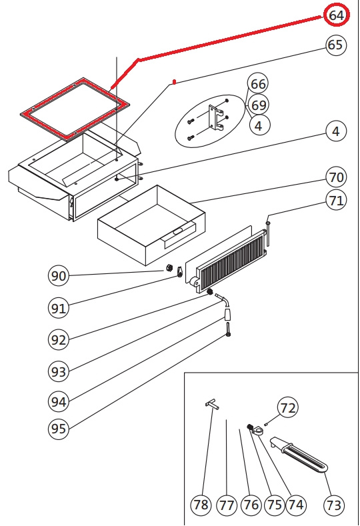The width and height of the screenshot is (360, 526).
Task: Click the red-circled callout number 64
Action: click(x=337, y=15)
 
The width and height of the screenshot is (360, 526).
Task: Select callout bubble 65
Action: click(x=335, y=45)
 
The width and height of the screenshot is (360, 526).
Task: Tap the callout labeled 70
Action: click(x=336, y=177)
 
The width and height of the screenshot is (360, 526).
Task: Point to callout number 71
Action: click(x=336, y=200)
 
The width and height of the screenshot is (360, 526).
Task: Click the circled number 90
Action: click(x=59, y=276)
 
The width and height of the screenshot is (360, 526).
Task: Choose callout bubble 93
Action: click(x=59, y=371)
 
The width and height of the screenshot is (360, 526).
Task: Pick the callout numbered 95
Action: click(x=59, y=429)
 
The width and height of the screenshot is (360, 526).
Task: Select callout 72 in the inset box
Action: click(x=288, y=407)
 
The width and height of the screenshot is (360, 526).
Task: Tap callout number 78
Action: click(x=201, y=505)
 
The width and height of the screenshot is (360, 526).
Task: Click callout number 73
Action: click(x=333, y=505)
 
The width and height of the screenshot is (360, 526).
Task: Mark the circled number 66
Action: click(x=258, y=84)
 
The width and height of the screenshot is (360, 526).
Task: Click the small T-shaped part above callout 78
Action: click(x=212, y=403)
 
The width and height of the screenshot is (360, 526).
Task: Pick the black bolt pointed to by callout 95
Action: click(x=229, y=329)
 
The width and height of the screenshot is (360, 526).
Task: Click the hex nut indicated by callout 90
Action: click(x=170, y=268)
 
